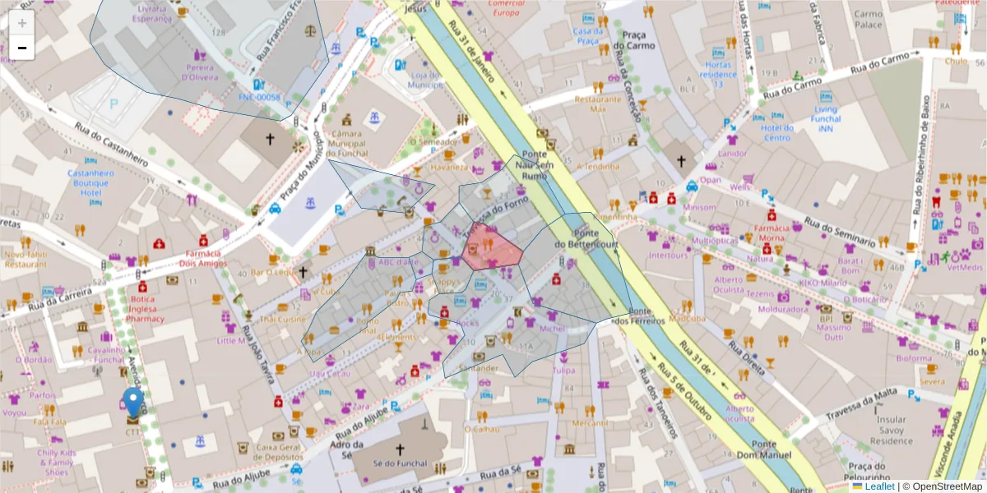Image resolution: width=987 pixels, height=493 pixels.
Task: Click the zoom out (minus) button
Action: tap(21, 48)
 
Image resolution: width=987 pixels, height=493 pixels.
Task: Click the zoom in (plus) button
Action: tap(21, 23)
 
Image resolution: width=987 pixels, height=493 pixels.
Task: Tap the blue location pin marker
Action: tap(132, 403)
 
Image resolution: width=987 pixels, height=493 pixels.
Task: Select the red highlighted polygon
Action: tap(491, 247)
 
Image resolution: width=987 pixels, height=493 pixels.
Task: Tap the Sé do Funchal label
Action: tap(400, 463)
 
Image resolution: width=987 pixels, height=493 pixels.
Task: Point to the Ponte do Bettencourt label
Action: tap(586, 239)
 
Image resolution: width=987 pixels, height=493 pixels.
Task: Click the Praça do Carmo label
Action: tap(639, 40)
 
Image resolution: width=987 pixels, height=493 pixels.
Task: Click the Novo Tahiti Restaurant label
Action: tap(25, 260)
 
